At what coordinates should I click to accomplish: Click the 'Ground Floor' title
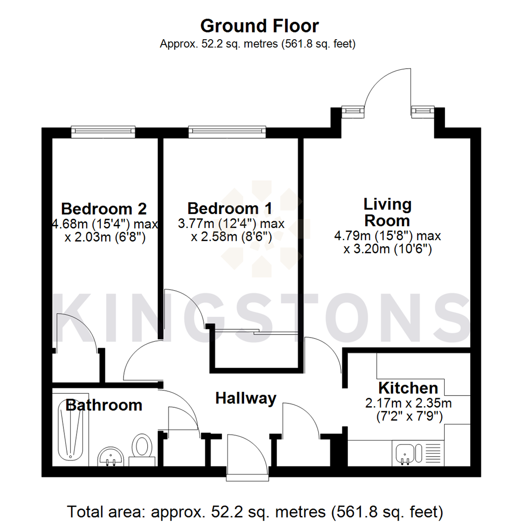[260, 25]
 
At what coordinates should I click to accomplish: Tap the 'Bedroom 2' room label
[104, 209]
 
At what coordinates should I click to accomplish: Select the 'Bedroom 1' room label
[230, 209]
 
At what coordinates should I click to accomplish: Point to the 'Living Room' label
[387, 212]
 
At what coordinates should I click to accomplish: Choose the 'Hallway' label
[246, 398]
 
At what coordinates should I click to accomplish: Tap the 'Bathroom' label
[104, 405]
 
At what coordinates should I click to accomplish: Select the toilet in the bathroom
[142, 448]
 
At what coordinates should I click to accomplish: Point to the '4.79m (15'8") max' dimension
[387, 236]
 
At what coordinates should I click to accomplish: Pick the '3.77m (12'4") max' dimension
[231, 224]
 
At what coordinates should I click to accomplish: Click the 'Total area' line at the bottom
[256, 510]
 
